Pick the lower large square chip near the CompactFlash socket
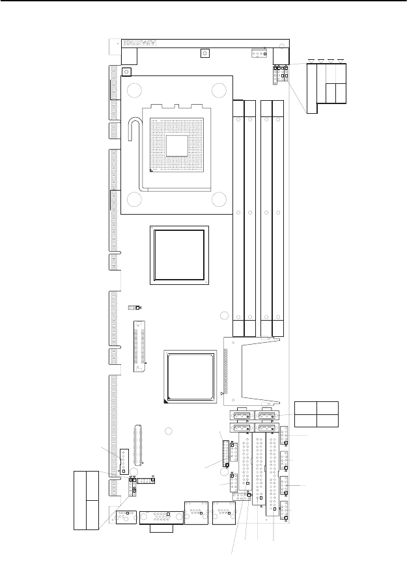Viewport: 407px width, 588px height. point(189,377)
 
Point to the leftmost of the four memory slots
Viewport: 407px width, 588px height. point(239,218)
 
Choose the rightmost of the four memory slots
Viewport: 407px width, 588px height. point(278,218)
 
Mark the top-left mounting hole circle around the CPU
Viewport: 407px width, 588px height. point(134,90)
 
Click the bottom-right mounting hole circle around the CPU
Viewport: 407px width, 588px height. point(219,201)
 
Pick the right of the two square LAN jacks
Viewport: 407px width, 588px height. point(223,513)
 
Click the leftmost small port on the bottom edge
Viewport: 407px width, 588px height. point(124,517)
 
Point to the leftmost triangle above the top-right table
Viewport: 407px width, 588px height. point(312,61)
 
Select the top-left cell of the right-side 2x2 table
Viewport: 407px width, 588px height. point(305,408)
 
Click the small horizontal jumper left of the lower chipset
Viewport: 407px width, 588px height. point(133,307)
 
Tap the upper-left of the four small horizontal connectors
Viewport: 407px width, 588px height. point(242,416)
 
